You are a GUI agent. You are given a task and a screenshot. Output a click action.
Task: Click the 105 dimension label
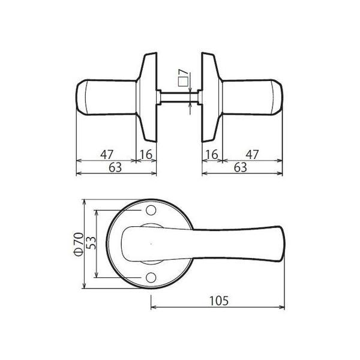(219, 301)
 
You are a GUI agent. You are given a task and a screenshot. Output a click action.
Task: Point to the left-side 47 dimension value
(107, 154)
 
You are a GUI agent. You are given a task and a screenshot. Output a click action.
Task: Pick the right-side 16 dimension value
(211, 154)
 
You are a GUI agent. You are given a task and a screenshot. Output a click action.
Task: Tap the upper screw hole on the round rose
(151, 211)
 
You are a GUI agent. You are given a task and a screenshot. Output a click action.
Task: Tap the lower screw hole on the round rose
(151, 277)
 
